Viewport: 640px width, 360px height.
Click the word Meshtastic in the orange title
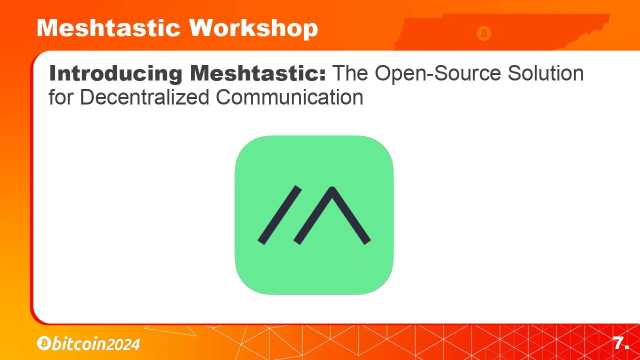tap(108, 28)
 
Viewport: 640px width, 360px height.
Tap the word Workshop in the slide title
tap(253, 29)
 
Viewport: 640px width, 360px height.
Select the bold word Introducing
tap(115, 74)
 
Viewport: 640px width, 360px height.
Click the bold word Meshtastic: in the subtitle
tap(258, 73)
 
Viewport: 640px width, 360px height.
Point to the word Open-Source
tap(437, 74)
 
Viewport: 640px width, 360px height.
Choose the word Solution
tap(545, 73)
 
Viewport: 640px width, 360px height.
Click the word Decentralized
tap(144, 97)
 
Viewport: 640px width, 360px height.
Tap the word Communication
tap(289, 97)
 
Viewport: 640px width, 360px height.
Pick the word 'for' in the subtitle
tap(61, 97)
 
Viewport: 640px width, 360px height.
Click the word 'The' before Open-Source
tap(349, 73)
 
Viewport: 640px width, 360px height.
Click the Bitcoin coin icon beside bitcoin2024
tap(44, 343)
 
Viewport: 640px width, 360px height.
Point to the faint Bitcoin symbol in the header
tap(483, 33)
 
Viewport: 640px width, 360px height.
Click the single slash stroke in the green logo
tap(279, 215)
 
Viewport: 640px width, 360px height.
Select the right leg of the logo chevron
tap(351, 215)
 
